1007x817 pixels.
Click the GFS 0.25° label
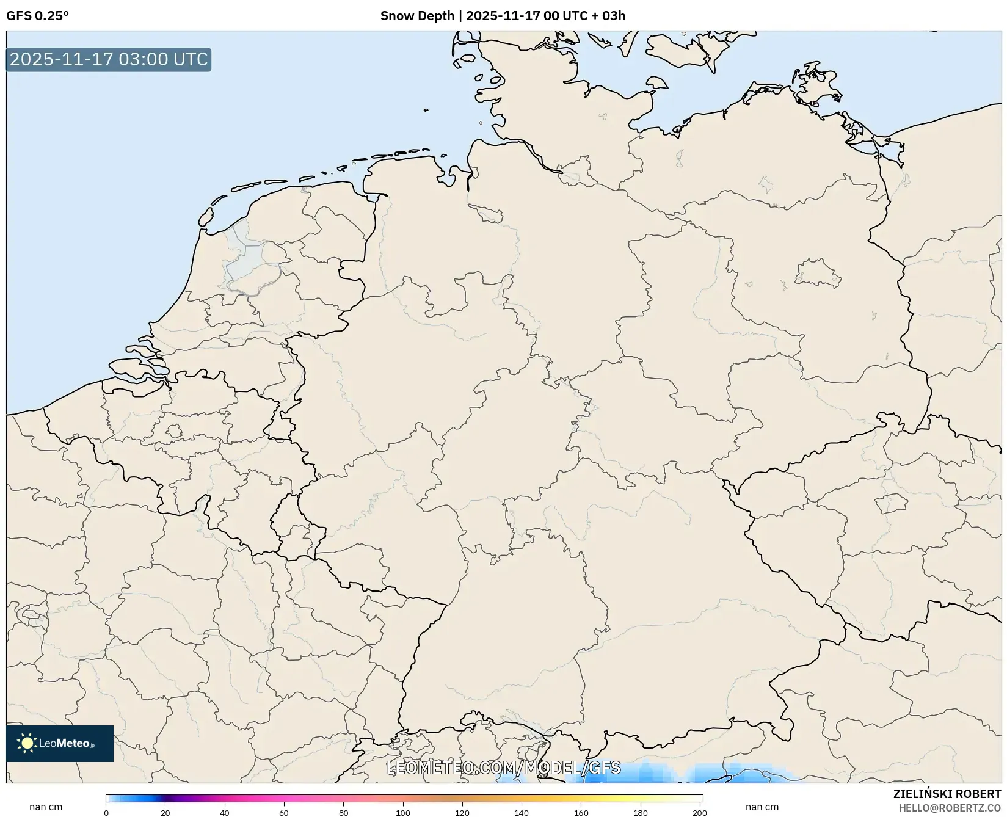point(37,16)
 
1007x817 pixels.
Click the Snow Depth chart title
point(503,16)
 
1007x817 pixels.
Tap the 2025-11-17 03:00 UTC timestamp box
point(109,60)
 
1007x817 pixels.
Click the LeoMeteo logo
point(60,743)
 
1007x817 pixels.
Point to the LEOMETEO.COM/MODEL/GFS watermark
point(503,768)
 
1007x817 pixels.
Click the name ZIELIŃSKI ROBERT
point(947,794)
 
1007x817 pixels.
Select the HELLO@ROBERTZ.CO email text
point(950,808)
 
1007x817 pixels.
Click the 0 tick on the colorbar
point(106,813)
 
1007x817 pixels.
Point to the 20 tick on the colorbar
point(165,813)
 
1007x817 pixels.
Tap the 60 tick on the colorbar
point(284,813)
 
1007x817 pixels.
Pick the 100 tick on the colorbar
point(403,813)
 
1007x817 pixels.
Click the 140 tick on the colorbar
point(522,813)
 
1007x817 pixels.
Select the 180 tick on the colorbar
point(641,813)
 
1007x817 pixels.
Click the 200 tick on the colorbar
point(700,813)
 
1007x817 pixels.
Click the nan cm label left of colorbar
point(46,807)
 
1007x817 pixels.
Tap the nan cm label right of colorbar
point(762,807)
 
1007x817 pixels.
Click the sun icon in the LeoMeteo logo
point(27,743)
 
